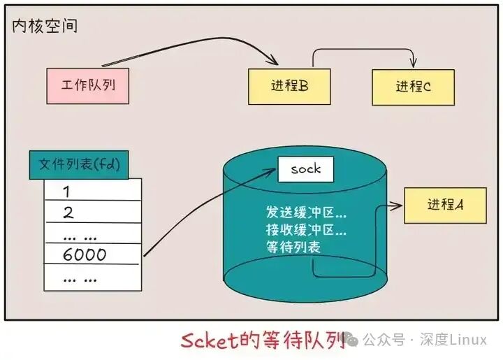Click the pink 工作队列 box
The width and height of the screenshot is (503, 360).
pos(88,86)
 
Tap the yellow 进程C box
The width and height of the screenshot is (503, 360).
pos(412,87)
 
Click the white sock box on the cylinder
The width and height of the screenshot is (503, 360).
pos(305,169)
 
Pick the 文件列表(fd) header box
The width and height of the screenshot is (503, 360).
pos(78,165)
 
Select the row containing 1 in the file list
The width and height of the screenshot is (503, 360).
pos(93,191)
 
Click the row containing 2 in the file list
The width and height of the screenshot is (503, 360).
pos(93,212)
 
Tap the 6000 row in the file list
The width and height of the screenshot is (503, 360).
pos(93,254)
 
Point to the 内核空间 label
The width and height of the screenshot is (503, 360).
pos(45,27)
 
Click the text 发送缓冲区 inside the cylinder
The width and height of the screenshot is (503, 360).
pos(305,212)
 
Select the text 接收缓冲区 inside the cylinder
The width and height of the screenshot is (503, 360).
pos(305,229)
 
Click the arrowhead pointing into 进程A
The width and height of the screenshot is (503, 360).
pos(399,206)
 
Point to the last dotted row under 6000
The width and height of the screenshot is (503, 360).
pos(93,278)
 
